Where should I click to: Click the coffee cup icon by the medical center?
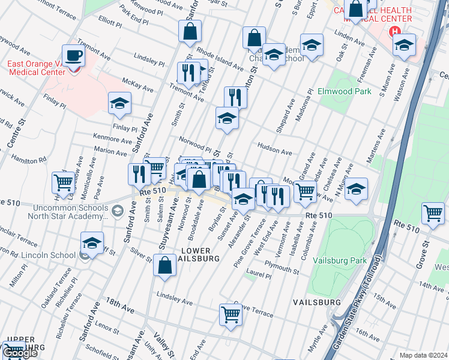(73, 56)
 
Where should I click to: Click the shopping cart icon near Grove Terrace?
(231, 314)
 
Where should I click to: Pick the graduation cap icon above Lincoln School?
(92, 242)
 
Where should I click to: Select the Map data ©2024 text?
(423, 355)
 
